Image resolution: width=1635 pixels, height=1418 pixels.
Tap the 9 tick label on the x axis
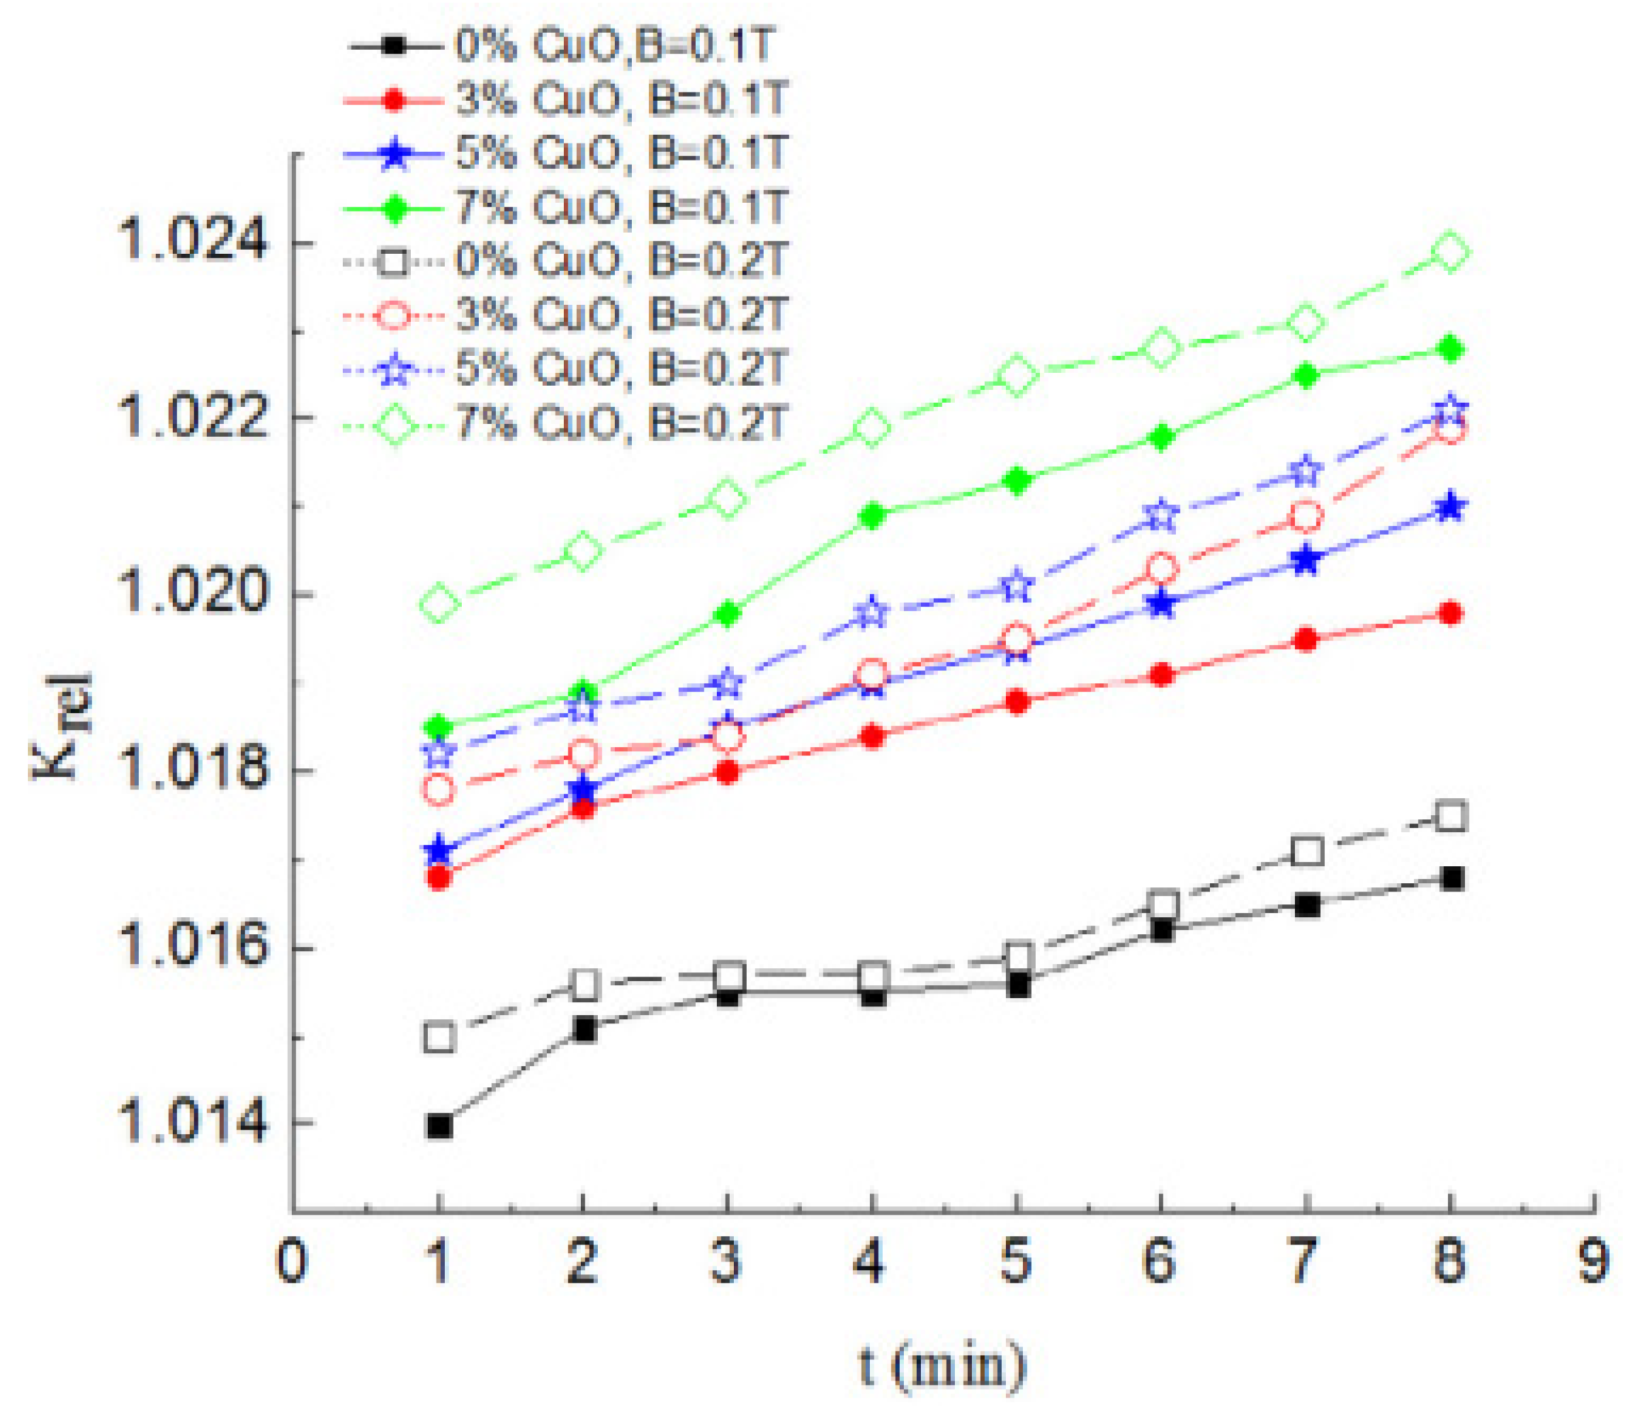(1593, 1263)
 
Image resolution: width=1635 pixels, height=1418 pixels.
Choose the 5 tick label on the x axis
(1017, 1263)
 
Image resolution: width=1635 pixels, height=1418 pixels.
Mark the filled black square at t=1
(439, 1126)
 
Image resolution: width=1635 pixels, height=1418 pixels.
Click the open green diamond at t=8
(1450, 253)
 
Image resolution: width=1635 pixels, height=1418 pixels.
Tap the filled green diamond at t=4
(872, 516)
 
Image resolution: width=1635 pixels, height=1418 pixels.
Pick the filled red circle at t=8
(1450, 613)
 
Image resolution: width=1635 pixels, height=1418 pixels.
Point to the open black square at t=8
(1450, 816)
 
